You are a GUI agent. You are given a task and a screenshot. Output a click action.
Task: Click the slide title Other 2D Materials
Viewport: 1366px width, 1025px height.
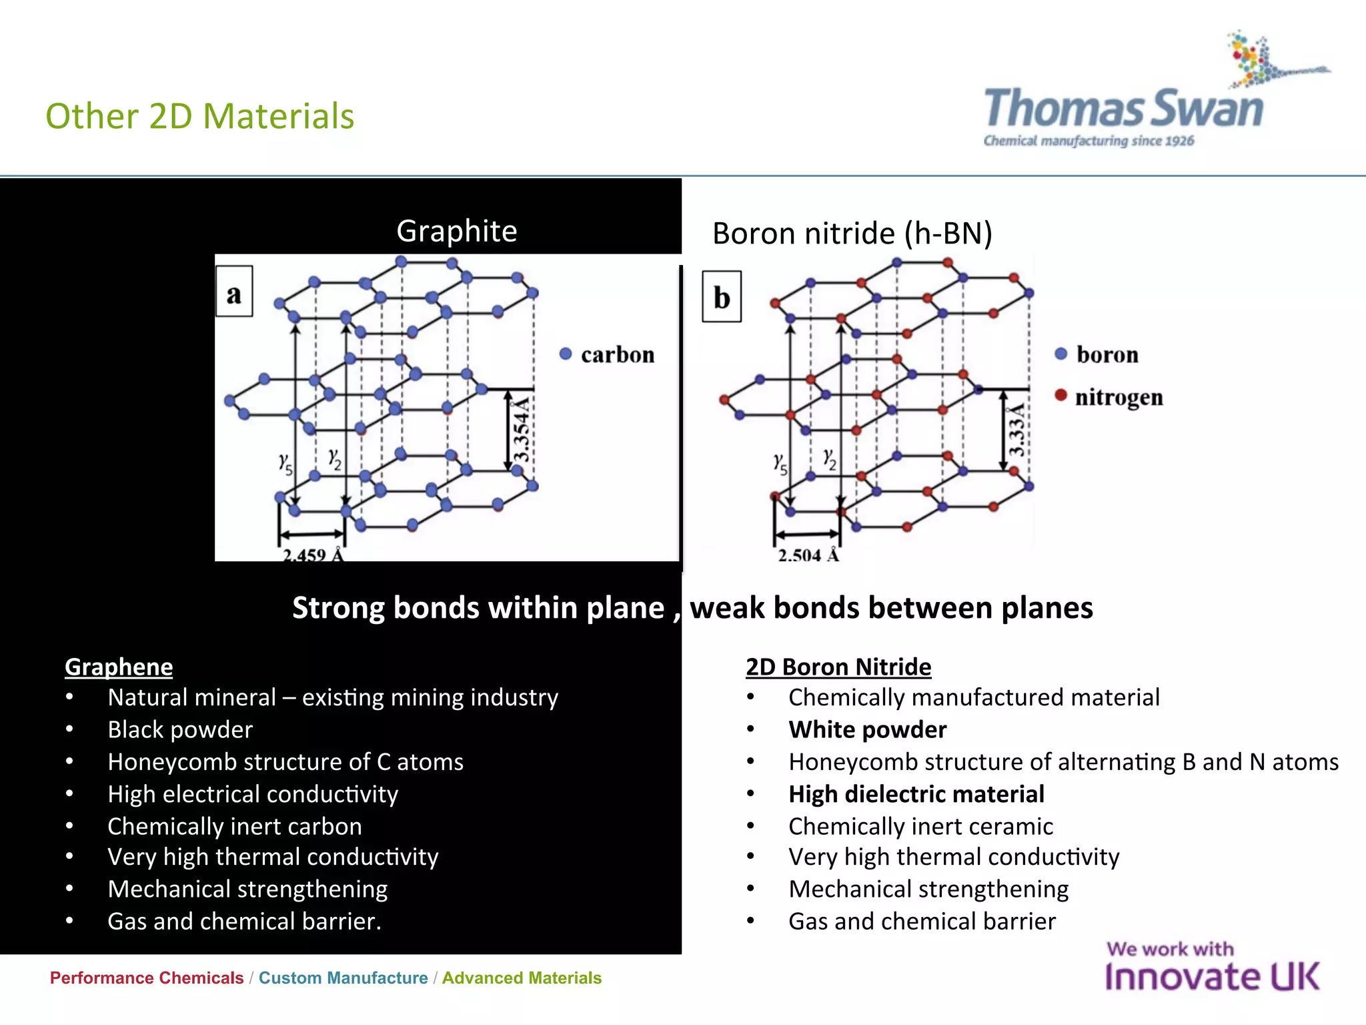pyautogui.click(x=199, y=116)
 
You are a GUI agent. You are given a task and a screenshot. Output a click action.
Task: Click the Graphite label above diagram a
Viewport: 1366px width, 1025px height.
pyautogui.click(x=456, y=231)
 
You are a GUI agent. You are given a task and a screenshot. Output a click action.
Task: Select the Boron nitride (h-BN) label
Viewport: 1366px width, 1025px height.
pyautogui.click(x=852, y=234)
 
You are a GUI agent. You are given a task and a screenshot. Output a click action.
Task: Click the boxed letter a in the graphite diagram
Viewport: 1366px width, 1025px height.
pyautogui.click(x=234, y=292)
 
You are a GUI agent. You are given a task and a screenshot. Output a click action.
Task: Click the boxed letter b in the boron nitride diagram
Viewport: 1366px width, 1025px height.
pyautogui.click(x=722, y=297)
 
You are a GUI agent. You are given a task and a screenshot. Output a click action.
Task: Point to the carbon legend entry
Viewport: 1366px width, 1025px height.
pyautogui.click(x=608, y=354)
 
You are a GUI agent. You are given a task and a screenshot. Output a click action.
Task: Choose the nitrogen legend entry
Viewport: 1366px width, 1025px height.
pyautogui.click(x=1109, y=397)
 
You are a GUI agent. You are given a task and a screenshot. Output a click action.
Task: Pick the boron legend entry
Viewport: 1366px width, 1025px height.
pyautogui.click(x=1097, y=354)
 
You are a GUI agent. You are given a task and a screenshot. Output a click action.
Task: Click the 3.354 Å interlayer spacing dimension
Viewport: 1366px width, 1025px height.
pyautogui.click(x=521, y=429)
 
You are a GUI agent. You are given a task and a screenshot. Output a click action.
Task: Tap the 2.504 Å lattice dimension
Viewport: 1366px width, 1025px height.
pyautogui.click(x=808, y=554)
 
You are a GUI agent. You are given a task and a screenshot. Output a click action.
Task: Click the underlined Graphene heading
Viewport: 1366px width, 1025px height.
pyautogui.click(x=119, y=667)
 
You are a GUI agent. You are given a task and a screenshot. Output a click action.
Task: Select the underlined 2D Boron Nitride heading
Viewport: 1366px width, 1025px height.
pyautogui.click(x=838, y=667)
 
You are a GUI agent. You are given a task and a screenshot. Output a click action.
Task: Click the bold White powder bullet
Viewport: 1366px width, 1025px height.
pyautogui.click(x=866, y=729)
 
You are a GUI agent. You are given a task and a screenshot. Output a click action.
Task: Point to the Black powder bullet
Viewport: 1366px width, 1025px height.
pyautogui.click(x=180, y=729)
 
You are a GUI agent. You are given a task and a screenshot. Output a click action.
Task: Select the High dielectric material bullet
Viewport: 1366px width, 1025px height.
pyautogui.click(x=916, y=794)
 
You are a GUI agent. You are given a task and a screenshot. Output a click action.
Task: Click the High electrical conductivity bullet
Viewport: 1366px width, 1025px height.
pyautogui.click(x=253, y=794)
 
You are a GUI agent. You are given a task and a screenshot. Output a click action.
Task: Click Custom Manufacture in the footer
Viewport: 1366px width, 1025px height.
pyautogui.click(x=343, y=978)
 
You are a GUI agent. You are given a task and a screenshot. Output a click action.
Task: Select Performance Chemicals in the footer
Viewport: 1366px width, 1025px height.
pyautogui.click(x=147, y=978)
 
